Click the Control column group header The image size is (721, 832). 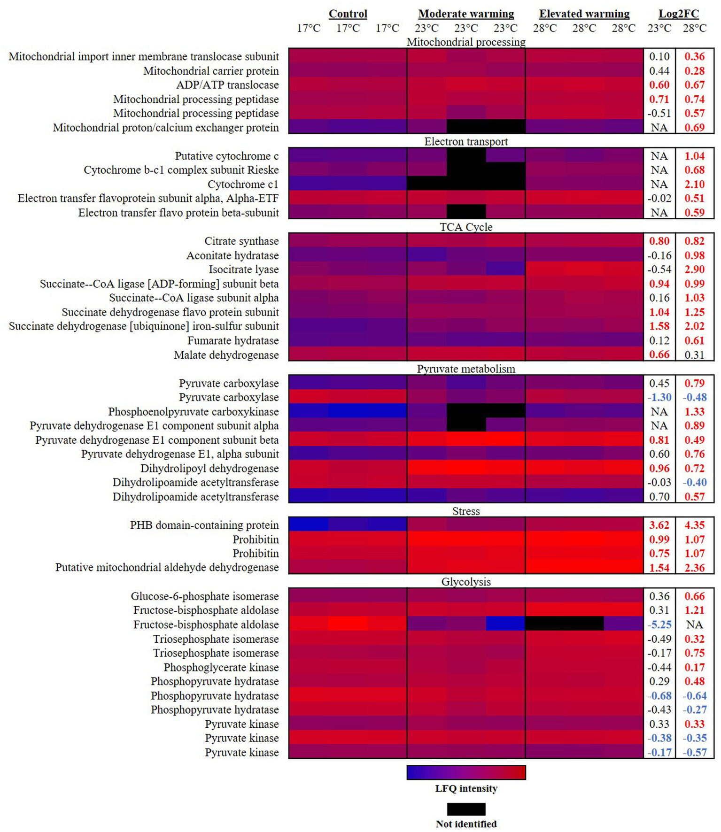tap(348, 14)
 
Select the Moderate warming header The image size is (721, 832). tap(466, 14)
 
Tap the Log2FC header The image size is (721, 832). tap(678, 14)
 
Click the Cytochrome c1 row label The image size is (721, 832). tap(243, 184)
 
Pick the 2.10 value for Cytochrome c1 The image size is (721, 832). tap(694, 184)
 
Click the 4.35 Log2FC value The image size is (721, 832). tap(694, 525)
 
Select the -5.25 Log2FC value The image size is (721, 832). tap(659, 624)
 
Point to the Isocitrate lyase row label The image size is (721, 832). tap(243, 270)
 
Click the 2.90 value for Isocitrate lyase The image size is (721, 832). tap(694, 270)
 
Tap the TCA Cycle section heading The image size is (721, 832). tap(466, 227)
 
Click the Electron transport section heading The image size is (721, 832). tap(466, 141)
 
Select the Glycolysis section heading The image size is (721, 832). tap(466, 582)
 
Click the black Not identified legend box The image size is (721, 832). tap(466, 809)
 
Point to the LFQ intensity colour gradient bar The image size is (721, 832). tap(466, 772)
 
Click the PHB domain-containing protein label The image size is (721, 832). tap(204, 525)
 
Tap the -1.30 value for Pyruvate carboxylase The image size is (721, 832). tap(659, 397)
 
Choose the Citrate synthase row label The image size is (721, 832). tap(241, 241)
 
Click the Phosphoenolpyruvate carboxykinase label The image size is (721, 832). tap(193, 411)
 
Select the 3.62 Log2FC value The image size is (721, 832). tap(659, 525)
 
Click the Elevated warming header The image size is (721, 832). tap(584, 14)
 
